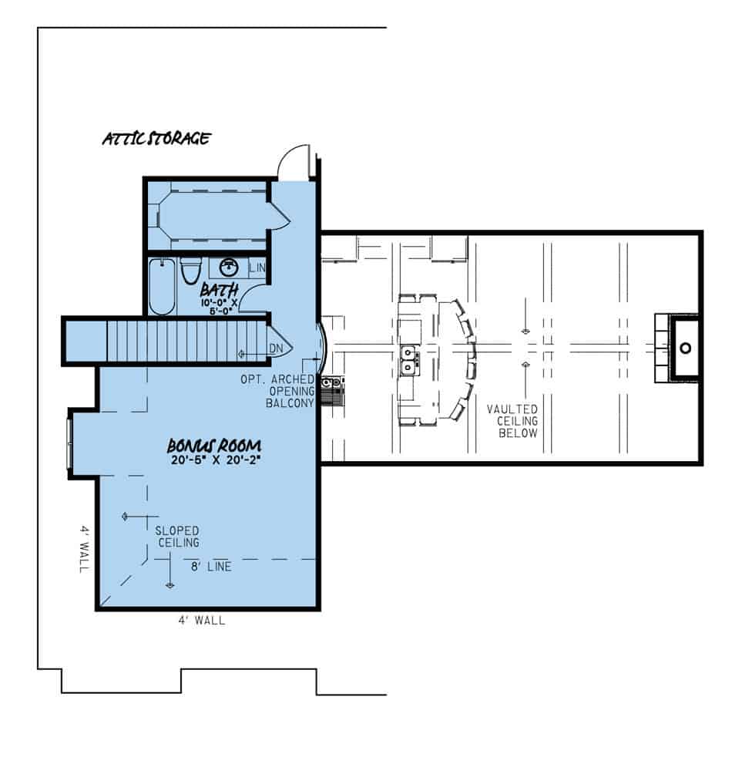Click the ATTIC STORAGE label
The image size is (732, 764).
(156, 140)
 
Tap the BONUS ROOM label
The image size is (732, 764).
(214, 446)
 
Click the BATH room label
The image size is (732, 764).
(219, 290)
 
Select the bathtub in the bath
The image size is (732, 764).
(162, 287)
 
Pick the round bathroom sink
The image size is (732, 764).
(228, 268)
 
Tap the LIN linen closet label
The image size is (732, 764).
(257, 268)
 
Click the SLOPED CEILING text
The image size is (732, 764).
(177, 537)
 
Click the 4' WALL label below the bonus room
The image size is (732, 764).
(203, 619)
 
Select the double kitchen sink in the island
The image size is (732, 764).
(410, 360)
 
